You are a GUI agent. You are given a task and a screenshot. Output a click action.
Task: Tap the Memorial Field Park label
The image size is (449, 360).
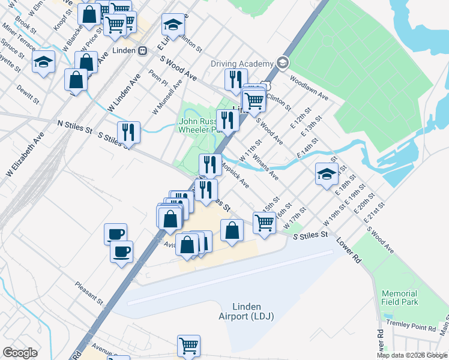[x=400, y=298]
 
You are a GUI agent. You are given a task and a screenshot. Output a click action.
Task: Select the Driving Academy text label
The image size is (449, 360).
[x=242, y=64]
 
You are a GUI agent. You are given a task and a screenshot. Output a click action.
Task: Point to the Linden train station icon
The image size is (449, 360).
[x=143, y=50]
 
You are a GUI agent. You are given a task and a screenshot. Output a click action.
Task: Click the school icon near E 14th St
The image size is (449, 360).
[x=327, y=173]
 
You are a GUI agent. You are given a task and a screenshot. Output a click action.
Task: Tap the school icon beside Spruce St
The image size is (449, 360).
[x=44, y=62]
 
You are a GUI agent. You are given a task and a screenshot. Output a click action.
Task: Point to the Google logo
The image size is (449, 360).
[x=20, y=353]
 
